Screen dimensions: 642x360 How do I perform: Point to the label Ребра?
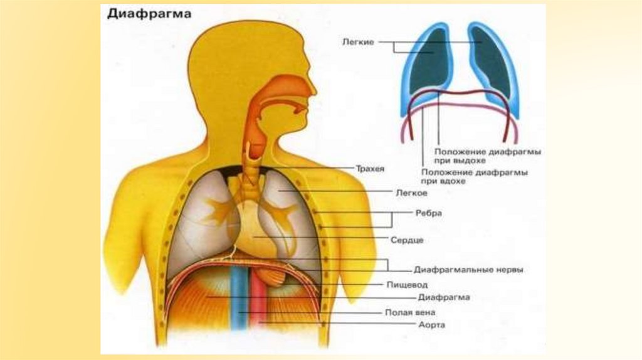click(x=429, y=213)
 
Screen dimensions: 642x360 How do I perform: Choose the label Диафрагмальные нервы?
click(x=468, y=270)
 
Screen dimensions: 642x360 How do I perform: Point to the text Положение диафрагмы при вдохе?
click(x=474, y=176)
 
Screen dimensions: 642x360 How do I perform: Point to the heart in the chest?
click(x=257, y=232)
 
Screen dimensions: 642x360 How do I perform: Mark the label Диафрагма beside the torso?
click(x=444, y=298)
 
